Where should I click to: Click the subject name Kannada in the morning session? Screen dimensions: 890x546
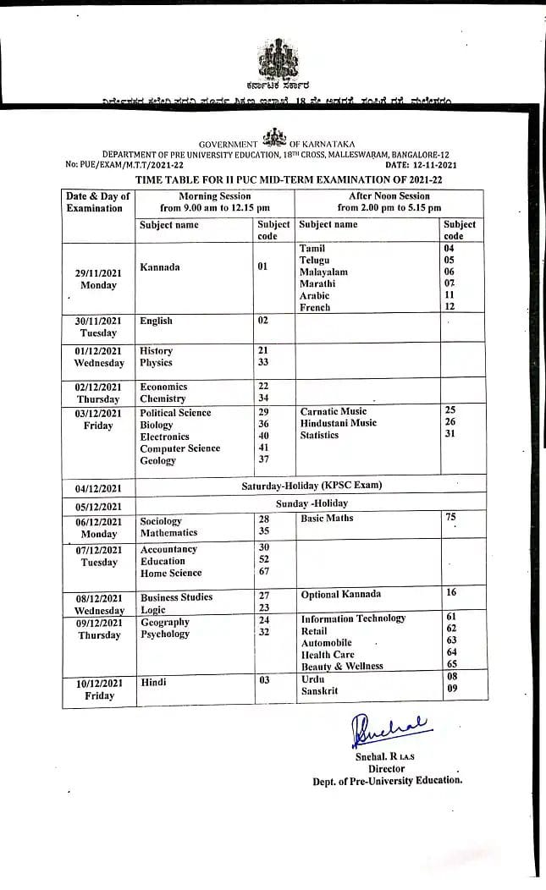tap(159, 267)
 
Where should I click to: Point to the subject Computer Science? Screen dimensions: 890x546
tap(179, 448)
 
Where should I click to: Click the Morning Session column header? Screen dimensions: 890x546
tap(215, 201)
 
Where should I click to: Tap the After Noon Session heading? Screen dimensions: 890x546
tap(389, 201)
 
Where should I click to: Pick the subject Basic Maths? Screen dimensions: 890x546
tap(327, 518)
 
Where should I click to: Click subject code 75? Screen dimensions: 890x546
tap(450, 517)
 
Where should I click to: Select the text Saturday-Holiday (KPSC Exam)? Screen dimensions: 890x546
tap(312, 486)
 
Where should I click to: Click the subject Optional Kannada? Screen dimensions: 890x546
tap(341, 595)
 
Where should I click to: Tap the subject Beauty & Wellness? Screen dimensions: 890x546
tap(342, 667)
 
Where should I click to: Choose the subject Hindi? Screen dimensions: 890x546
tap(153, 681)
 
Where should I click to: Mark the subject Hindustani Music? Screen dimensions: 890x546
tap(339, 423)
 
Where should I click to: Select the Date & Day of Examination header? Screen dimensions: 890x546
tap(98, 202)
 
